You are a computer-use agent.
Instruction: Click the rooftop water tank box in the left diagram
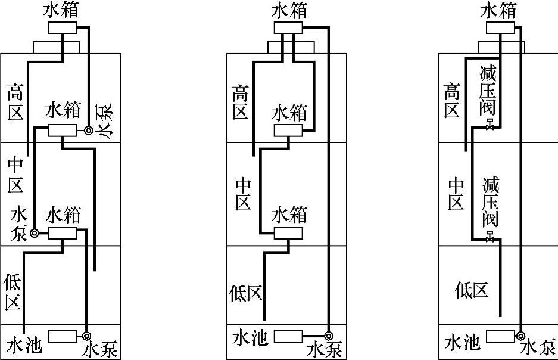coord(63,28)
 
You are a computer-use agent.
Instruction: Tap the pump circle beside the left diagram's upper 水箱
coord(88,131)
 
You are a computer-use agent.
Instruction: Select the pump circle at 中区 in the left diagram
coord(35,233)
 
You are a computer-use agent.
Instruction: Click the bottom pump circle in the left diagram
coord(87,335)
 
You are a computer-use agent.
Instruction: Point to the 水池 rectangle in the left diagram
coord(63,336)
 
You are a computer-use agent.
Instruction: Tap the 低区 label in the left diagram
coord(14,292)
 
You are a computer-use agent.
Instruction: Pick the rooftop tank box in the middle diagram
coord(288,28)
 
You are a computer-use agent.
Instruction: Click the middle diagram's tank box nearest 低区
coord(289,233)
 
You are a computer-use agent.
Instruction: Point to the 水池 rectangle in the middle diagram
coord(289,336)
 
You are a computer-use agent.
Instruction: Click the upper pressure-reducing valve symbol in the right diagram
coord(490,126)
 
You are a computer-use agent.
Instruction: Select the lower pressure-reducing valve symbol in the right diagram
coord(490,238)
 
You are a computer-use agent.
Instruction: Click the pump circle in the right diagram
coord(521,336)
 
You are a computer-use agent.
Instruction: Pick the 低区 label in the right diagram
coord(472,290)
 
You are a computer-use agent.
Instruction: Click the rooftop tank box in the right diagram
coord(501,28)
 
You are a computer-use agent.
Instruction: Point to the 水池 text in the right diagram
coord(462,343)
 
